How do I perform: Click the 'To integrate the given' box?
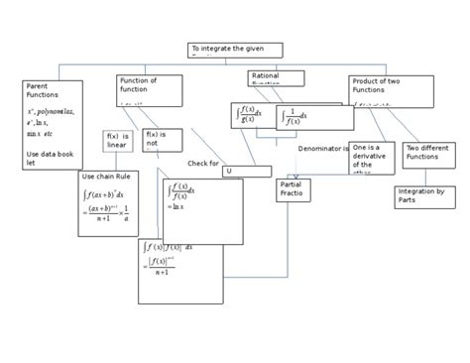pyautogui.click(x=235, y=50)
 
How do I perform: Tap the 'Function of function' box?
pyautogui.click(x=149, y=89)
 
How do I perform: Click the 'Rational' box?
pyautogui.click(x=276, y=76)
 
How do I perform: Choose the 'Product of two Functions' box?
pyautogui.click(x=391, y=90)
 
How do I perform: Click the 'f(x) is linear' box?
pyautogui.click(x=118, y=141)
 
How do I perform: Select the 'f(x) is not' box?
pyautogui.click(x=156, y=140)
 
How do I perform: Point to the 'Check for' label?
pyautogui.click(x=202, y=163)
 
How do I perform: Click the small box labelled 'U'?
pyautogui.click(x=246, y=171)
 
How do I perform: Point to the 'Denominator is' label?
pyautogui.click(x=323, y=148)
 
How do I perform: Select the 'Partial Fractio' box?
pyautogui.click(x=295, y=189)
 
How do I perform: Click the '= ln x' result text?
pyautogui.click(x=176, y=206)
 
